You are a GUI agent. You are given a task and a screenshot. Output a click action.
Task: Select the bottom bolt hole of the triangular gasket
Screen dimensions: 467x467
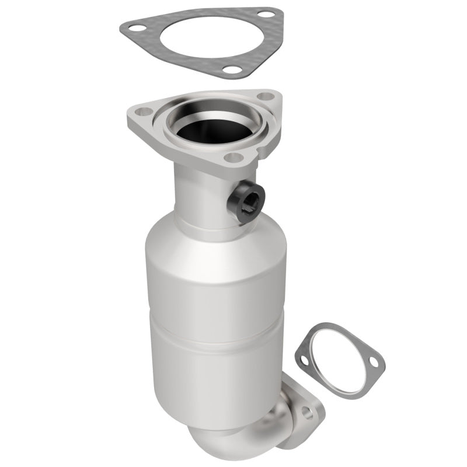[x=232, y=70]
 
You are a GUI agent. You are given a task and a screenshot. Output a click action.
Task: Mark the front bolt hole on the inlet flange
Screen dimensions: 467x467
[x=234, y=156]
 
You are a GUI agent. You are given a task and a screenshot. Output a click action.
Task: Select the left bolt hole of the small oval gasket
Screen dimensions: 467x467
[x=304, y=360]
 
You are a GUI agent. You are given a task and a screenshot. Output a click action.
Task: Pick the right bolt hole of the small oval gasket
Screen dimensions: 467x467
[x=373, y=364]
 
